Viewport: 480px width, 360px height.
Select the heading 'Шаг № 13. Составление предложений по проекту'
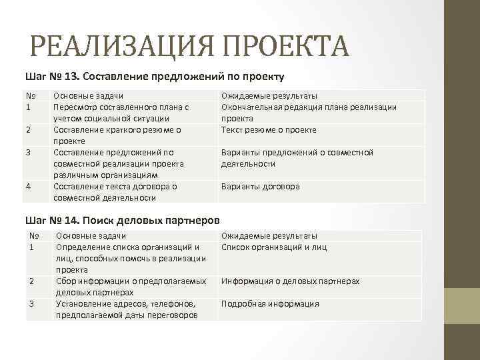click(155, 75)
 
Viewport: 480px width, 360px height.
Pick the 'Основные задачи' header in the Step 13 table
click(88, 96)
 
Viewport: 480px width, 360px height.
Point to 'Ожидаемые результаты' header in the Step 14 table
click(269, 235)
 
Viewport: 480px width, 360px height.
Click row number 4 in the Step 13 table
click(28, 186)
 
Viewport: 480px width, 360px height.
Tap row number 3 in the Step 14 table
click(31, 303)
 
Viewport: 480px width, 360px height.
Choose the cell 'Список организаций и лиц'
click(274, 247)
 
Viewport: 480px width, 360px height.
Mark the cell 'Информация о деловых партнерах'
click(290, 281)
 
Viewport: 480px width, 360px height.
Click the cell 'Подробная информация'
click(270, 303)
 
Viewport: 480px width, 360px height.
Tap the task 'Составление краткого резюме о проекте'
click(117, 135)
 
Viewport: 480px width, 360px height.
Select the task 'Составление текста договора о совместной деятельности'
click(115, 192)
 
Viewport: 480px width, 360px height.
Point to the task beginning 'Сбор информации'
click(131, 287)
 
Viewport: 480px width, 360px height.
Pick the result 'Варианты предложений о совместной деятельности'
click(297, 158)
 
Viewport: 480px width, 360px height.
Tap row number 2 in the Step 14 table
click(31, 281)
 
